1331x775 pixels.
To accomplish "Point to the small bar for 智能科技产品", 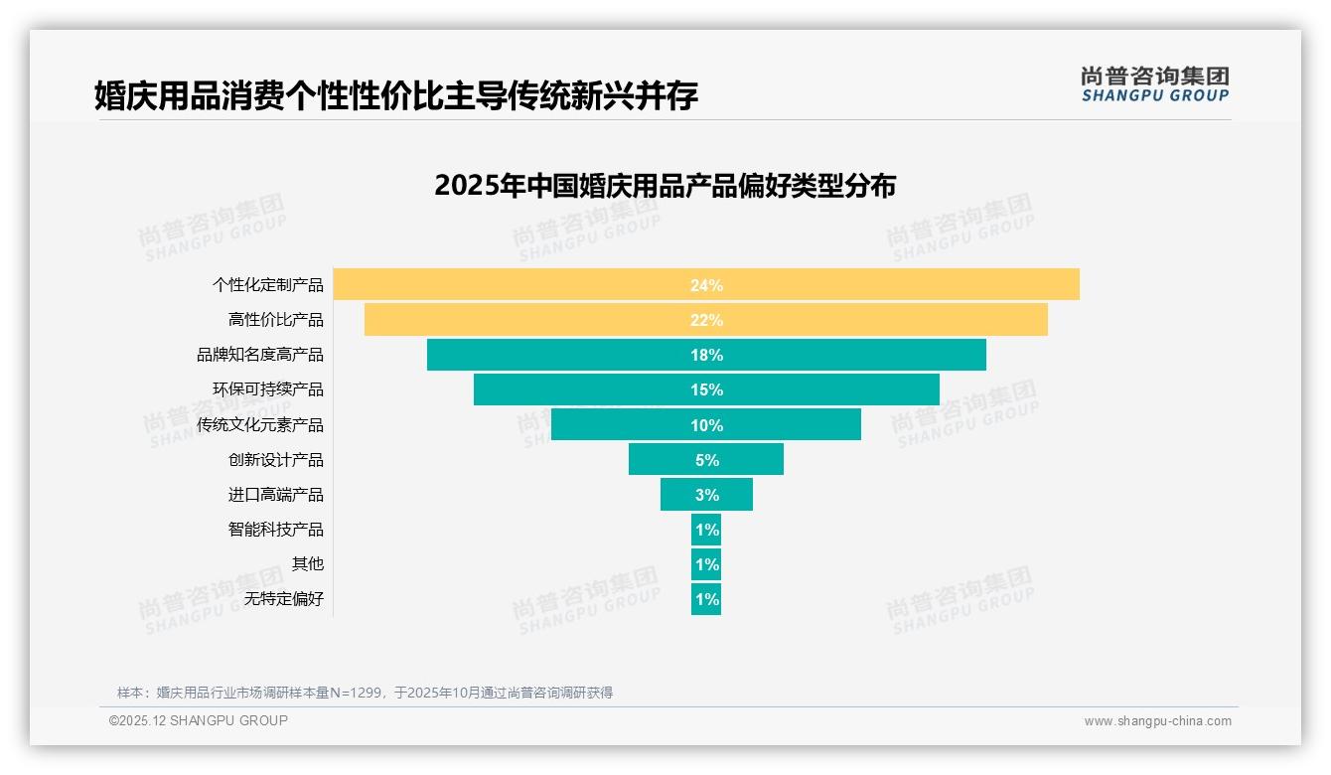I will tap(706, 530).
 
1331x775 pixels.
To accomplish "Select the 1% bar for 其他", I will tap(706, 564).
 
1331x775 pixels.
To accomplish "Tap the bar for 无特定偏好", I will tap(706, 599).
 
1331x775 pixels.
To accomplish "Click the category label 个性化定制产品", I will tap(268, 285).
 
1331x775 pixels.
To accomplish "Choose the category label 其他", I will tap(308, 564).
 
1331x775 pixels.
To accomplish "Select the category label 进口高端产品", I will tap(276, 495).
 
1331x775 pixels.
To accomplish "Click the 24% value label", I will tap(706, 285).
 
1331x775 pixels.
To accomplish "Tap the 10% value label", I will tap(706, 425).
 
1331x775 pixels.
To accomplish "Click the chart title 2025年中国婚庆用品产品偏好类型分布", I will tap(665, 186).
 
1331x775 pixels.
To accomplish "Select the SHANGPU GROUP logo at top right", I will tap(1154, 84).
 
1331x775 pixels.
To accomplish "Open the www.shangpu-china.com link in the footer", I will tap(1157, 721).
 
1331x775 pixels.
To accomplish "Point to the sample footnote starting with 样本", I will tap(365, 693).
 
